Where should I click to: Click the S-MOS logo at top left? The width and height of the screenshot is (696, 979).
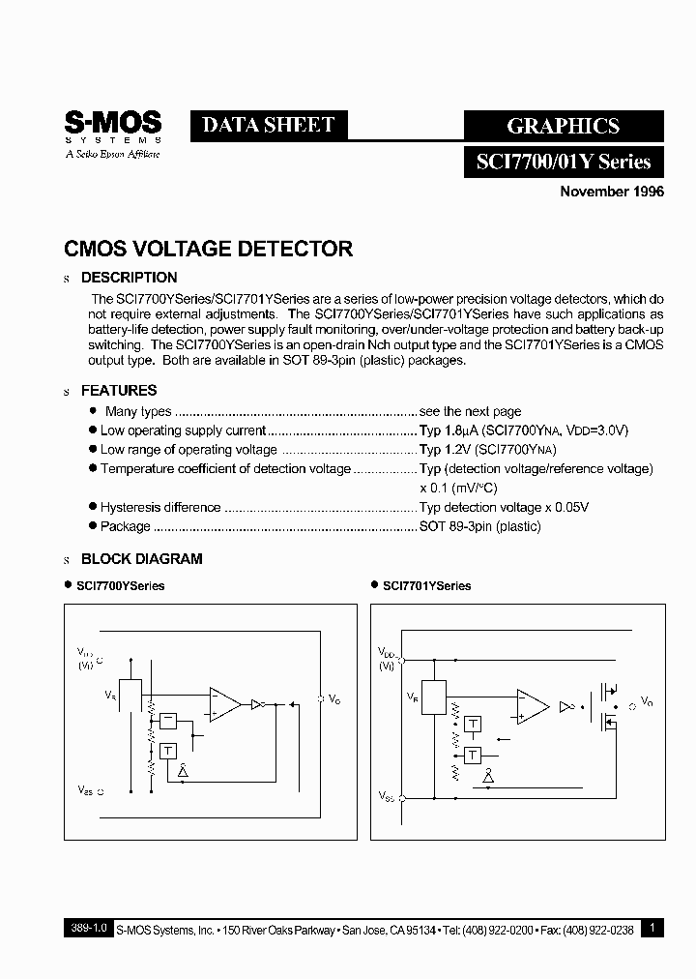point(112,133)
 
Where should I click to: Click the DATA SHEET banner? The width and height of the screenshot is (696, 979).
point(268,125)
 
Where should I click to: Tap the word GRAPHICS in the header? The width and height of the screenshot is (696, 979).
point(563,126)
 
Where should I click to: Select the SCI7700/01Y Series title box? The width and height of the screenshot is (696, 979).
point(564,162)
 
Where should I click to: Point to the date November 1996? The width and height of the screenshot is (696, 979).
point(612,192)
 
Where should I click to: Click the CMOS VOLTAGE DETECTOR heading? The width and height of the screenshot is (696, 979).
point(208,249)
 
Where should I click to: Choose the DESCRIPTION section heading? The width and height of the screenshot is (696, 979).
point(129,279)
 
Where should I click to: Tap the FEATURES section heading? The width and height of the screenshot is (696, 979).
point(118,391)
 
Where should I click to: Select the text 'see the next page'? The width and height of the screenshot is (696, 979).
point(470,411)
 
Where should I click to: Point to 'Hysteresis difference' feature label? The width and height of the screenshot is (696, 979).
point(160,507)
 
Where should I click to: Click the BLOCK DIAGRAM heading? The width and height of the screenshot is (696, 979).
point(141,559)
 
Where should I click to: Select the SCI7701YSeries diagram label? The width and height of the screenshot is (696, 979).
point(426,586)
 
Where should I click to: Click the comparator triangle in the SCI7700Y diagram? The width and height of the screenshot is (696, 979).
point(224,704)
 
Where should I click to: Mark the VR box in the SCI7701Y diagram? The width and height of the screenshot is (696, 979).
point(434,697)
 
